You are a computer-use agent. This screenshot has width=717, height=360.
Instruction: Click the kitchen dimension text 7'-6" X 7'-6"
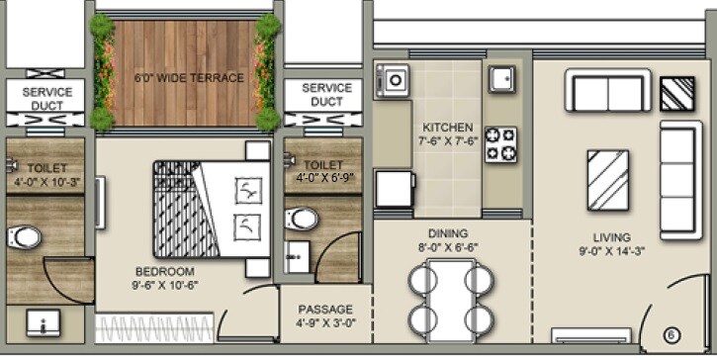[447, 141]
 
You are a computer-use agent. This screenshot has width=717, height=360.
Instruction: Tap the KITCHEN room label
[447, 129]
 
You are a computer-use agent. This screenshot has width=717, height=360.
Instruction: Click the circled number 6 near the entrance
[669, 335]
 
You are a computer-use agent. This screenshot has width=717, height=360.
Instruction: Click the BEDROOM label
[164, 270]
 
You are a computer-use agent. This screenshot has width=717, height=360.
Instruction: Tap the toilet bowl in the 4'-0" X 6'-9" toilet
[305, 217]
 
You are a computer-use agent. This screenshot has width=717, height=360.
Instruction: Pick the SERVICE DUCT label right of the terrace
[327, 95]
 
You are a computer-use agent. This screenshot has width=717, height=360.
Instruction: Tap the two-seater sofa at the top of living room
[607, 90]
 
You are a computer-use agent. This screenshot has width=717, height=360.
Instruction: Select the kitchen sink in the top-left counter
[396, 76]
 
